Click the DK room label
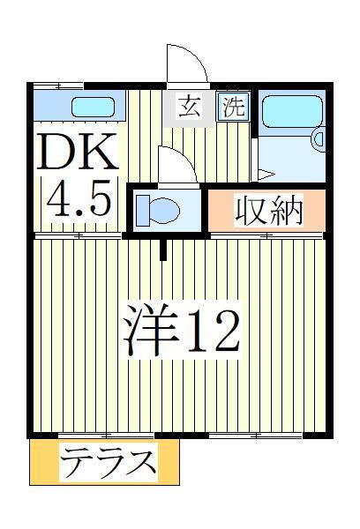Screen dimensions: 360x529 pyautogui.click(x=78, y=152)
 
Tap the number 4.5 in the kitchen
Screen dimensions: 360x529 pyautogui.click(x=79, y=198)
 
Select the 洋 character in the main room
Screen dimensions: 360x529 pyautogui.click(x=151, y=329)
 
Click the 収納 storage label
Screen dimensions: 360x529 pyautogui.click(x=268, y=211)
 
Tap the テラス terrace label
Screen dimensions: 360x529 pyautogui.click(x=109, y=462)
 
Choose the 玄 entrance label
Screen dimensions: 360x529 pyautogui.click(x=189, y=108)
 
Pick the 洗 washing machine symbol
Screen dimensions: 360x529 pyautogui.click(x=234, y=107)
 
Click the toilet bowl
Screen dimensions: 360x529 pyautogui.click(x=164, y=210)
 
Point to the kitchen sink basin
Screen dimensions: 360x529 pyautogui.click(x=93, y=107)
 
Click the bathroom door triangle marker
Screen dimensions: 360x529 pyautogui.click(x=266, y=175)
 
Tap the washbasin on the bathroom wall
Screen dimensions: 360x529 pyautogui.click(x=319, y=138)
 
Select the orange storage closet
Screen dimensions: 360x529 pyautogui.click(x=266, y=211)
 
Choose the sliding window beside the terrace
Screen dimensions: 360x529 pyautogui.click(x=106, y=435)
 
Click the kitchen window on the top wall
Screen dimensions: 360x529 pyautogui.click(x=59, y=86)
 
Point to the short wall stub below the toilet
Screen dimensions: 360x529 pyautogui.click(x=163, y=250)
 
